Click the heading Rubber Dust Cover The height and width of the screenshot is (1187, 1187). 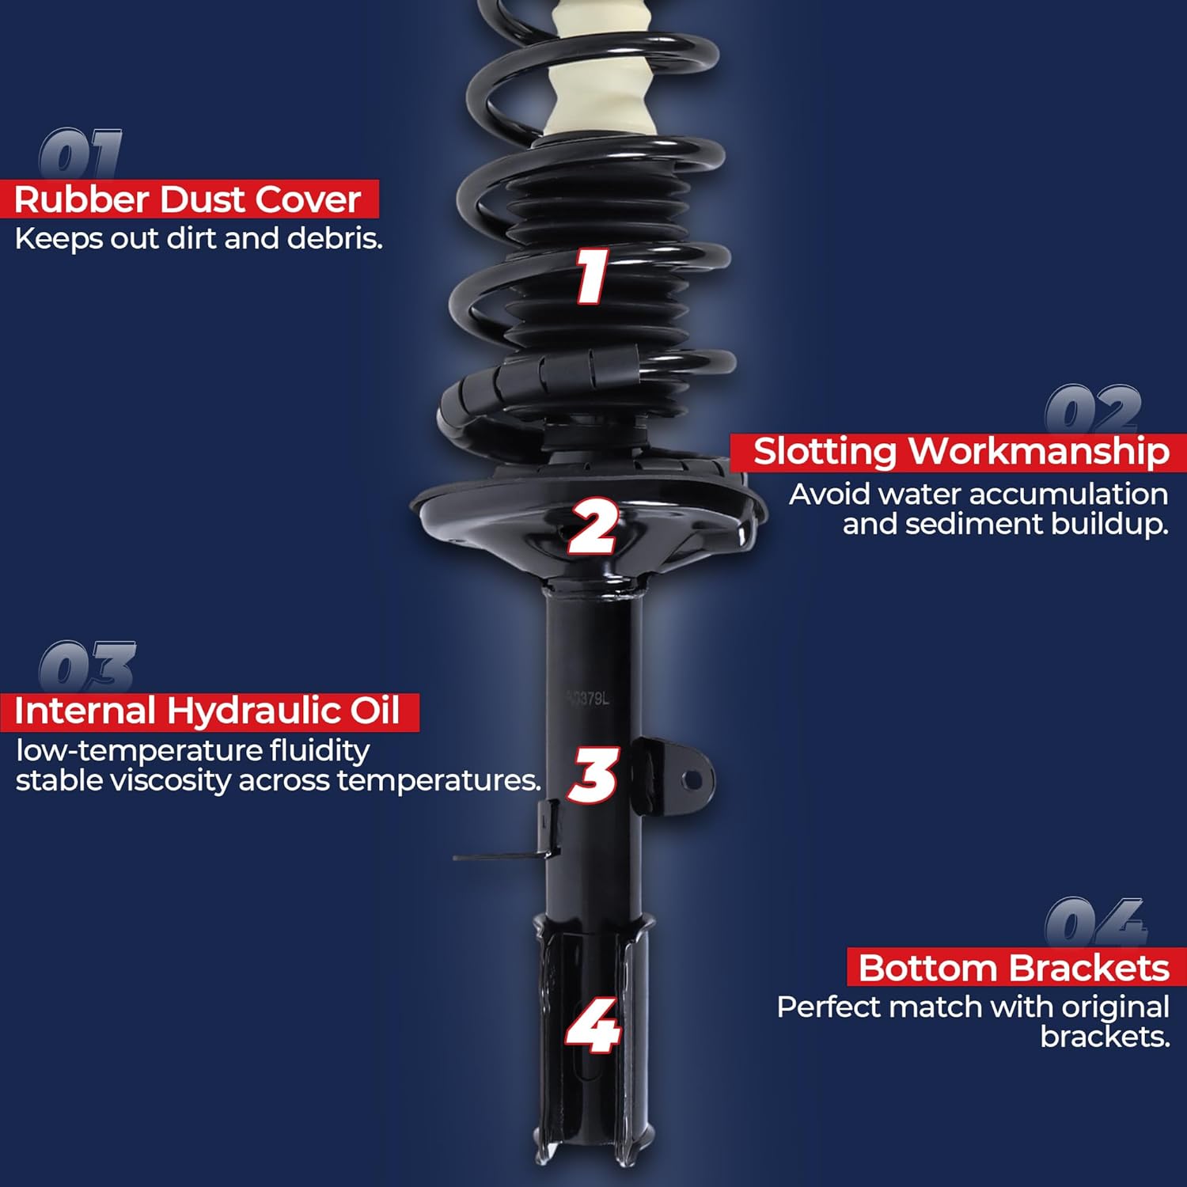(188, 199)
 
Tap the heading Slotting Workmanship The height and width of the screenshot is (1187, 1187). (961, 452)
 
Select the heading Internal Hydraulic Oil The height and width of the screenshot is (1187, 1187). (207, 711)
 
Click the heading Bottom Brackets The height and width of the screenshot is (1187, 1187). (1014, 968)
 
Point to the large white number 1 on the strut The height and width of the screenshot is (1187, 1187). (591, 275)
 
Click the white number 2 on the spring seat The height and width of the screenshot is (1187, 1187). (593, 525)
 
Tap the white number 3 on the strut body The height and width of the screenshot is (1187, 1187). (593, 775)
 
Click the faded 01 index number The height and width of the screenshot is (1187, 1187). (80, 154)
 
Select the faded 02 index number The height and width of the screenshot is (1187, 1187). (1093, 409)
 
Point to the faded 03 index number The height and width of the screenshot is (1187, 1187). (87, 666)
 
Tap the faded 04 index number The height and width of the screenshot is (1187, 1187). (1095, 921)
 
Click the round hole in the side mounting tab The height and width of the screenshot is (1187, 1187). (692, 781)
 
